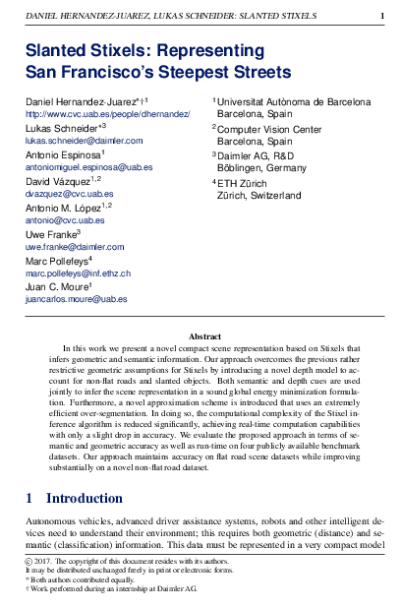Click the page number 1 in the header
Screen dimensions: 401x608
pyautogui.click(x=381, y=17)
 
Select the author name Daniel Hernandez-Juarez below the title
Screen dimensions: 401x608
pyautogui.click(x=86, y=101)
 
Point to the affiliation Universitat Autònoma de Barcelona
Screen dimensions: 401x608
pyautogui.click(x=294, y=101)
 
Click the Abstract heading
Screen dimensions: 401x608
pyautogui.click(x=204, y=336)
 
